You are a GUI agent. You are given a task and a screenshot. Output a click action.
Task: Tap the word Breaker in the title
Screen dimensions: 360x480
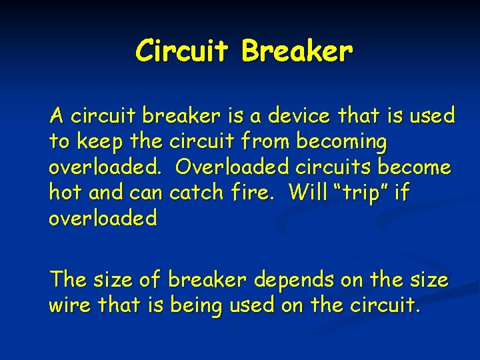point(297,51)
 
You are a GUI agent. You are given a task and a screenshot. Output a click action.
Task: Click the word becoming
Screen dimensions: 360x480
point(345,142)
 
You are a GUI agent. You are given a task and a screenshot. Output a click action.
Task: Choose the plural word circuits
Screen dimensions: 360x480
point(342,167)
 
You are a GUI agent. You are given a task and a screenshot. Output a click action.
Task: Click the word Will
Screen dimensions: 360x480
point(309,192)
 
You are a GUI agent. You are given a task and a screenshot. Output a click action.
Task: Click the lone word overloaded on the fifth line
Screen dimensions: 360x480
point(103,217)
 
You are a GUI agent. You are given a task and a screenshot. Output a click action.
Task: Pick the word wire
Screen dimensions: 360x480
point(70,305)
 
